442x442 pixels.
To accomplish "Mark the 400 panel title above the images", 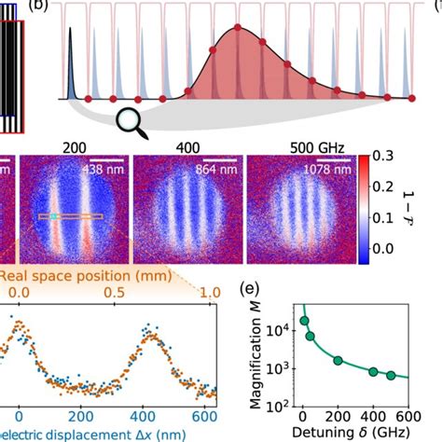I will (x=186, y=148).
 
